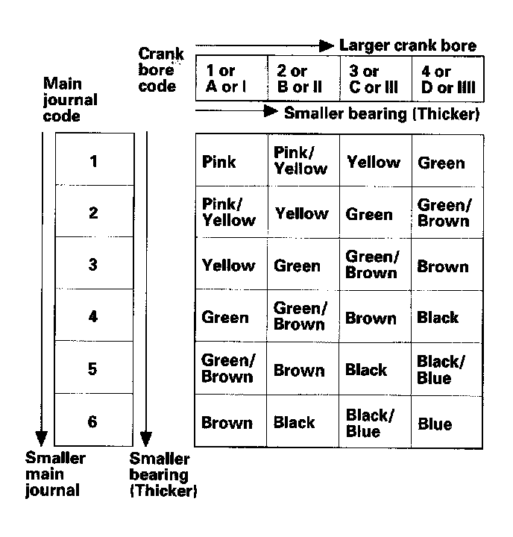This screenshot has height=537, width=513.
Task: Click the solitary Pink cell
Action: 219,162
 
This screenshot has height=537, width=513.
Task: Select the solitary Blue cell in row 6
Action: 435,424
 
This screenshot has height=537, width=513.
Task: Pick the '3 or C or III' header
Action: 372,79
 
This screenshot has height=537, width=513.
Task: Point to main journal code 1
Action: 92,161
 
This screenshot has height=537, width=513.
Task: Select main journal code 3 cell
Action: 92,264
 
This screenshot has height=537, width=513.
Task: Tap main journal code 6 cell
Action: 92,421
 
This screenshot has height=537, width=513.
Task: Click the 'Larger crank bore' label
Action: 407,45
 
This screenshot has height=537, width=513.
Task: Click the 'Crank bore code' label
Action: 160,71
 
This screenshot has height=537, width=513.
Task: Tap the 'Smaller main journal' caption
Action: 55,474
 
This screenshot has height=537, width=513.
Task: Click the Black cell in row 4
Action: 438,318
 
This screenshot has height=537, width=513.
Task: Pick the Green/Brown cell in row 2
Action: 443,213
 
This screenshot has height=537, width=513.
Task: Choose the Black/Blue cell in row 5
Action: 441,369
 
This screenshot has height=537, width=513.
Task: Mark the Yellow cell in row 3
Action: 228,266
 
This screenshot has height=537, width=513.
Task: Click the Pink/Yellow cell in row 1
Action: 300,160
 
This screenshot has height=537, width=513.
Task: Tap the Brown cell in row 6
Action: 227,423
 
